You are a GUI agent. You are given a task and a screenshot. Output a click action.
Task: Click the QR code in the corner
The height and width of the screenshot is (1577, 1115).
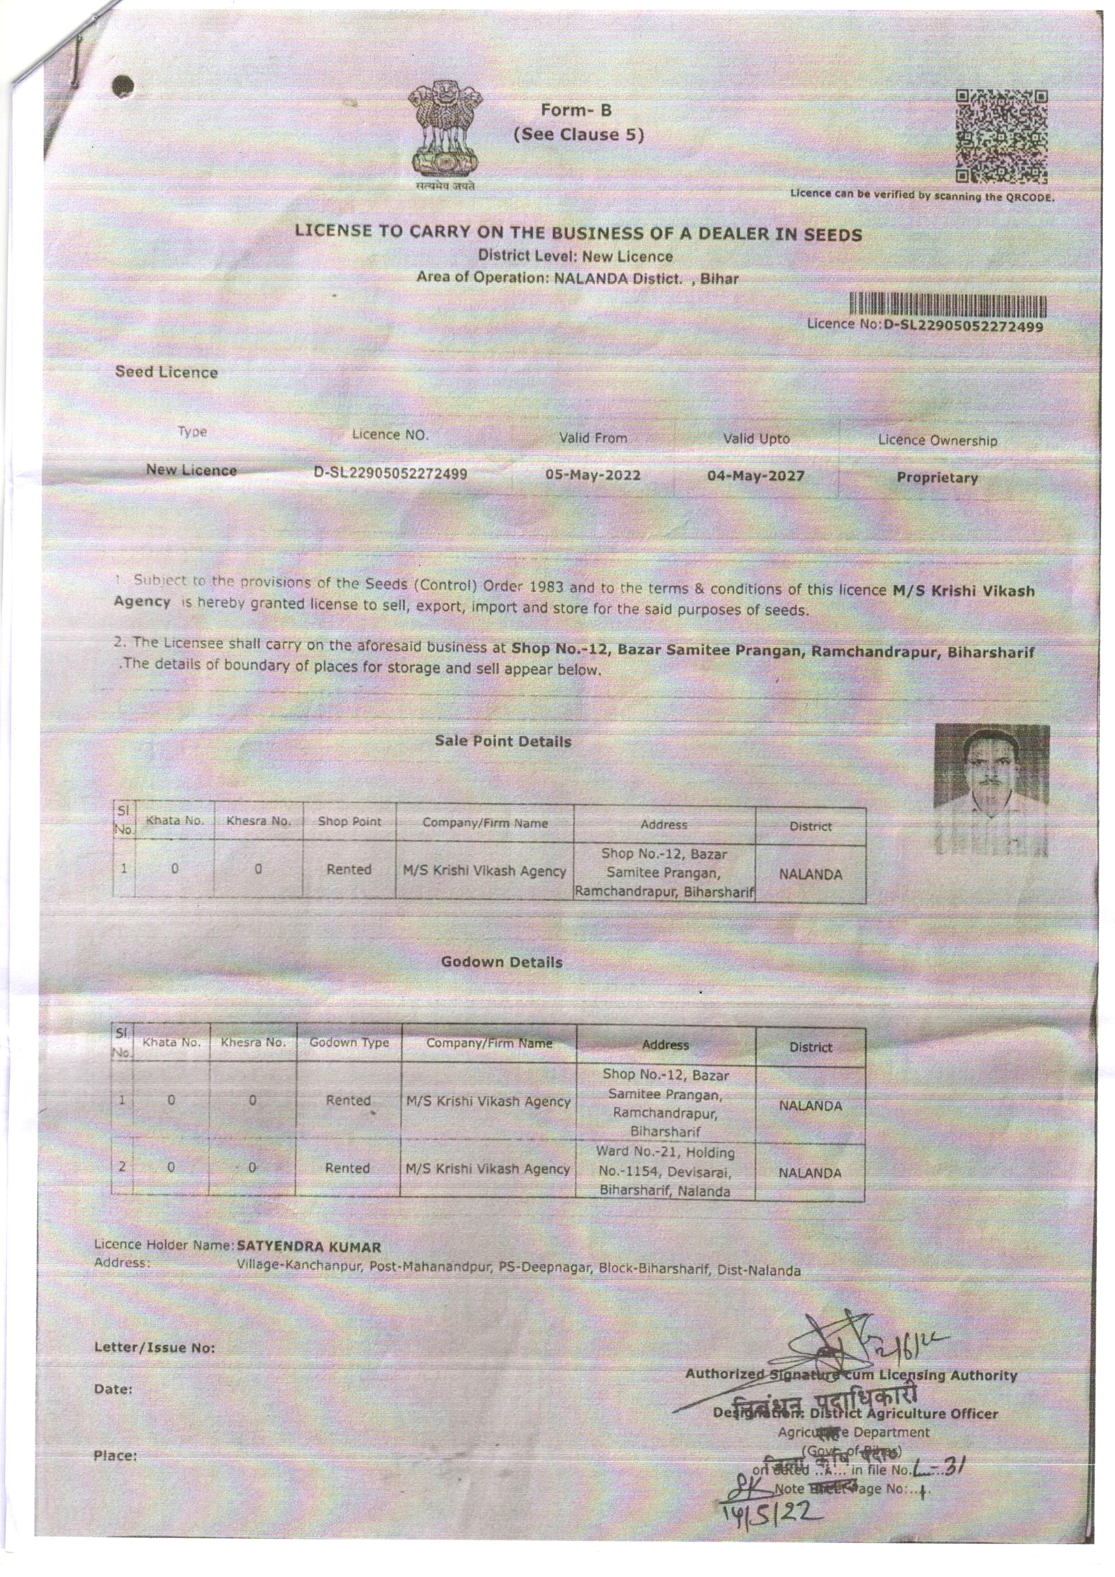pyautogui.click(x=1002, y=137)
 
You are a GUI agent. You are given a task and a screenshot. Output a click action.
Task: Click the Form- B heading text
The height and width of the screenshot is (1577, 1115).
pyautogui.click(x=576, y=110)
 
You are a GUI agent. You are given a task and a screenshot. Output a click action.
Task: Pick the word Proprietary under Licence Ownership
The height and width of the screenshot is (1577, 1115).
pyautogui.click(x=937, y=478)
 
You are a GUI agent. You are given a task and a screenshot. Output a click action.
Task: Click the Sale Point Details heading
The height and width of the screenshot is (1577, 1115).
pyautogui.click(x=502, y=741)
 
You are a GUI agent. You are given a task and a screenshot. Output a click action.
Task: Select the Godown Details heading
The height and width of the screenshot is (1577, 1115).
pyautogui.click(x=501, y=962)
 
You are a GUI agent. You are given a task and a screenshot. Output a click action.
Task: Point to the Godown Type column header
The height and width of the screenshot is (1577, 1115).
pyautogui.click(x=349, y=1043)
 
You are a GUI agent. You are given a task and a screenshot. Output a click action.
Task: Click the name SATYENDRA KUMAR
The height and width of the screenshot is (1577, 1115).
pyautogui.click(x=308, y=1246)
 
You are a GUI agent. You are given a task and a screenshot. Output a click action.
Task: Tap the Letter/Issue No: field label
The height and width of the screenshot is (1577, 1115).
pyautogui.click(x=155, y=1348)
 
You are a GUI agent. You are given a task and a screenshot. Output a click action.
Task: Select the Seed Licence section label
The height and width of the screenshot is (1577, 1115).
pyautogui.click(x=166, y=372)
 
